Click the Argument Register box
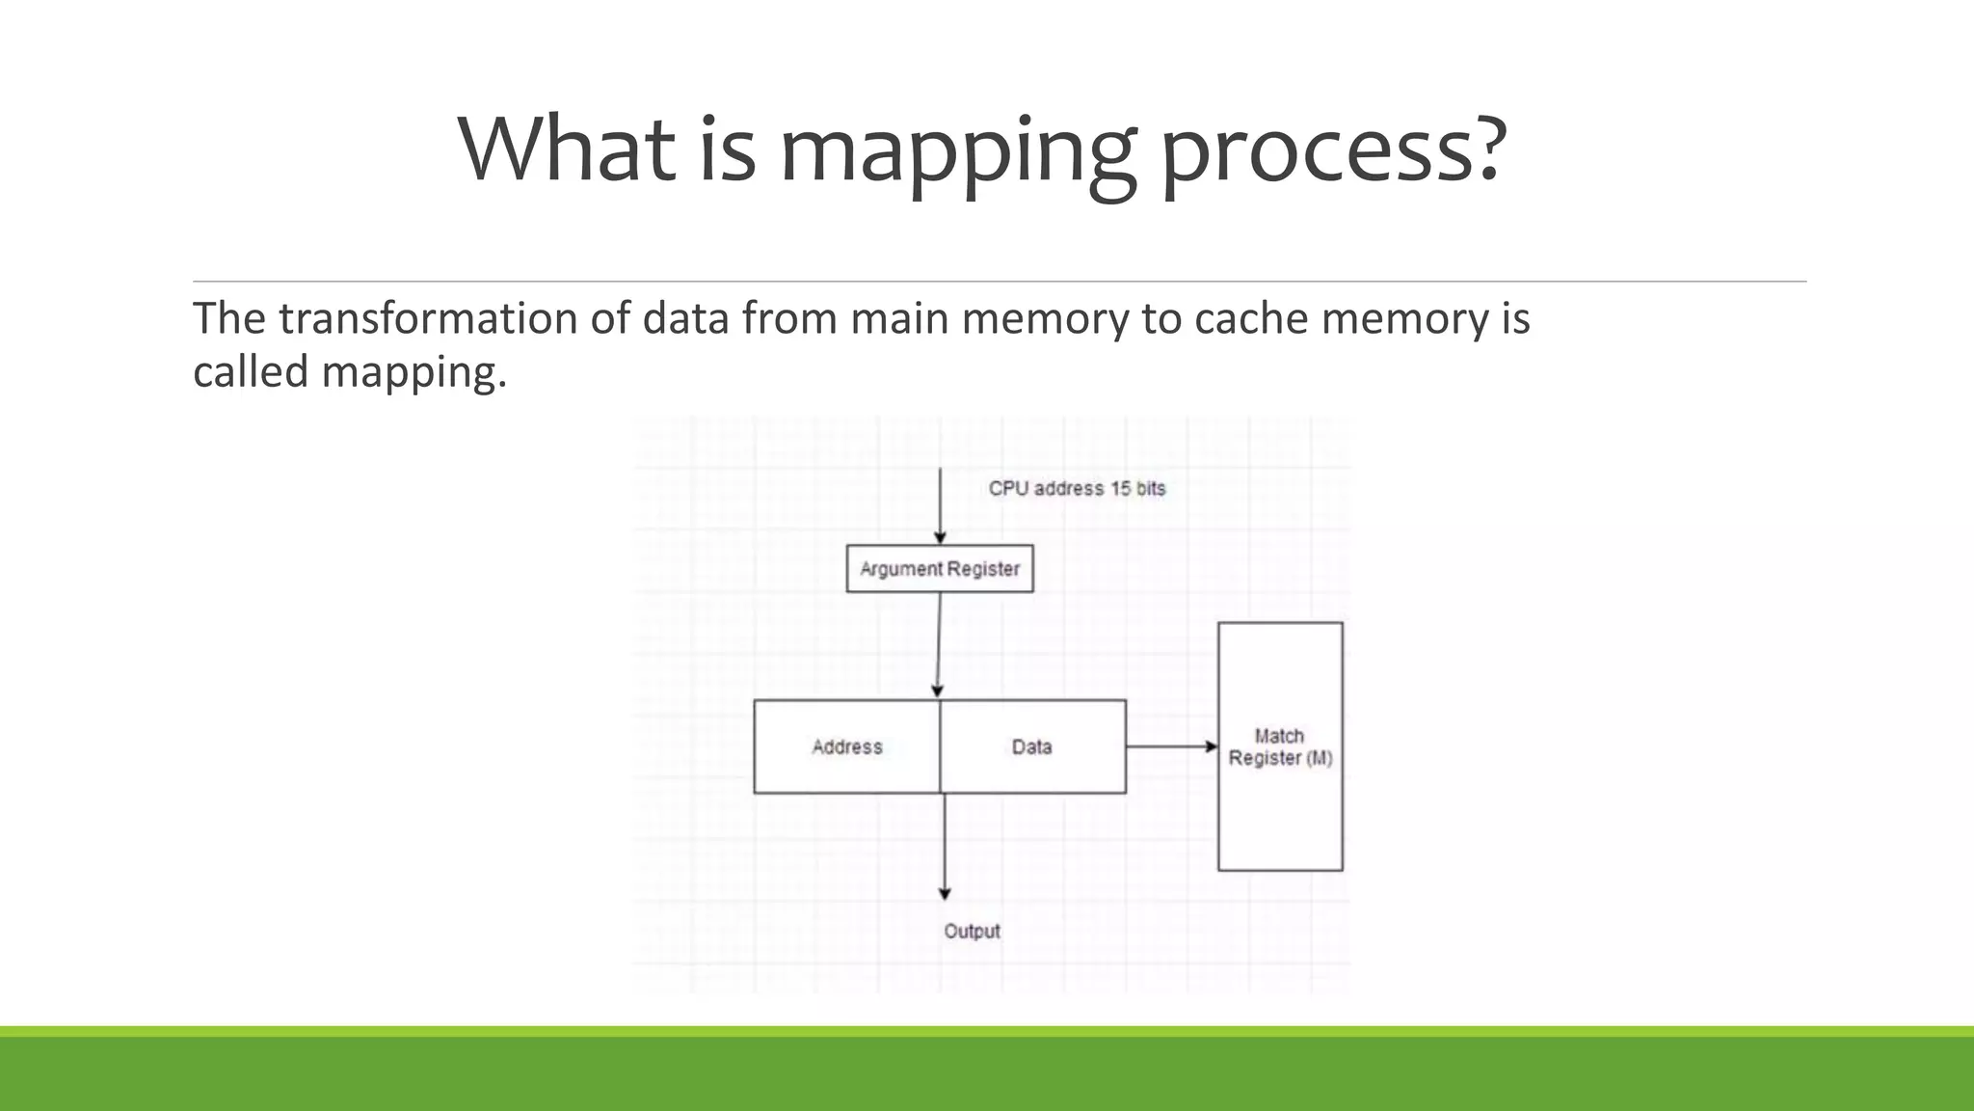click(x=940, y=569)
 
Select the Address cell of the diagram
click(x=846, y=747)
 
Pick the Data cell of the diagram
click(x=1032, y=747)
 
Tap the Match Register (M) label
click(x=1280, y=747)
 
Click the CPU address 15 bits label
click(x=1077, y=489)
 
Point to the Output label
click(x=972, y=932)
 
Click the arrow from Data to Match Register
click(x=1171, y=746)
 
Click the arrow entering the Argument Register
click(x=940, y=506)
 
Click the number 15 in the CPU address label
click(x=1120, y=489)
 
